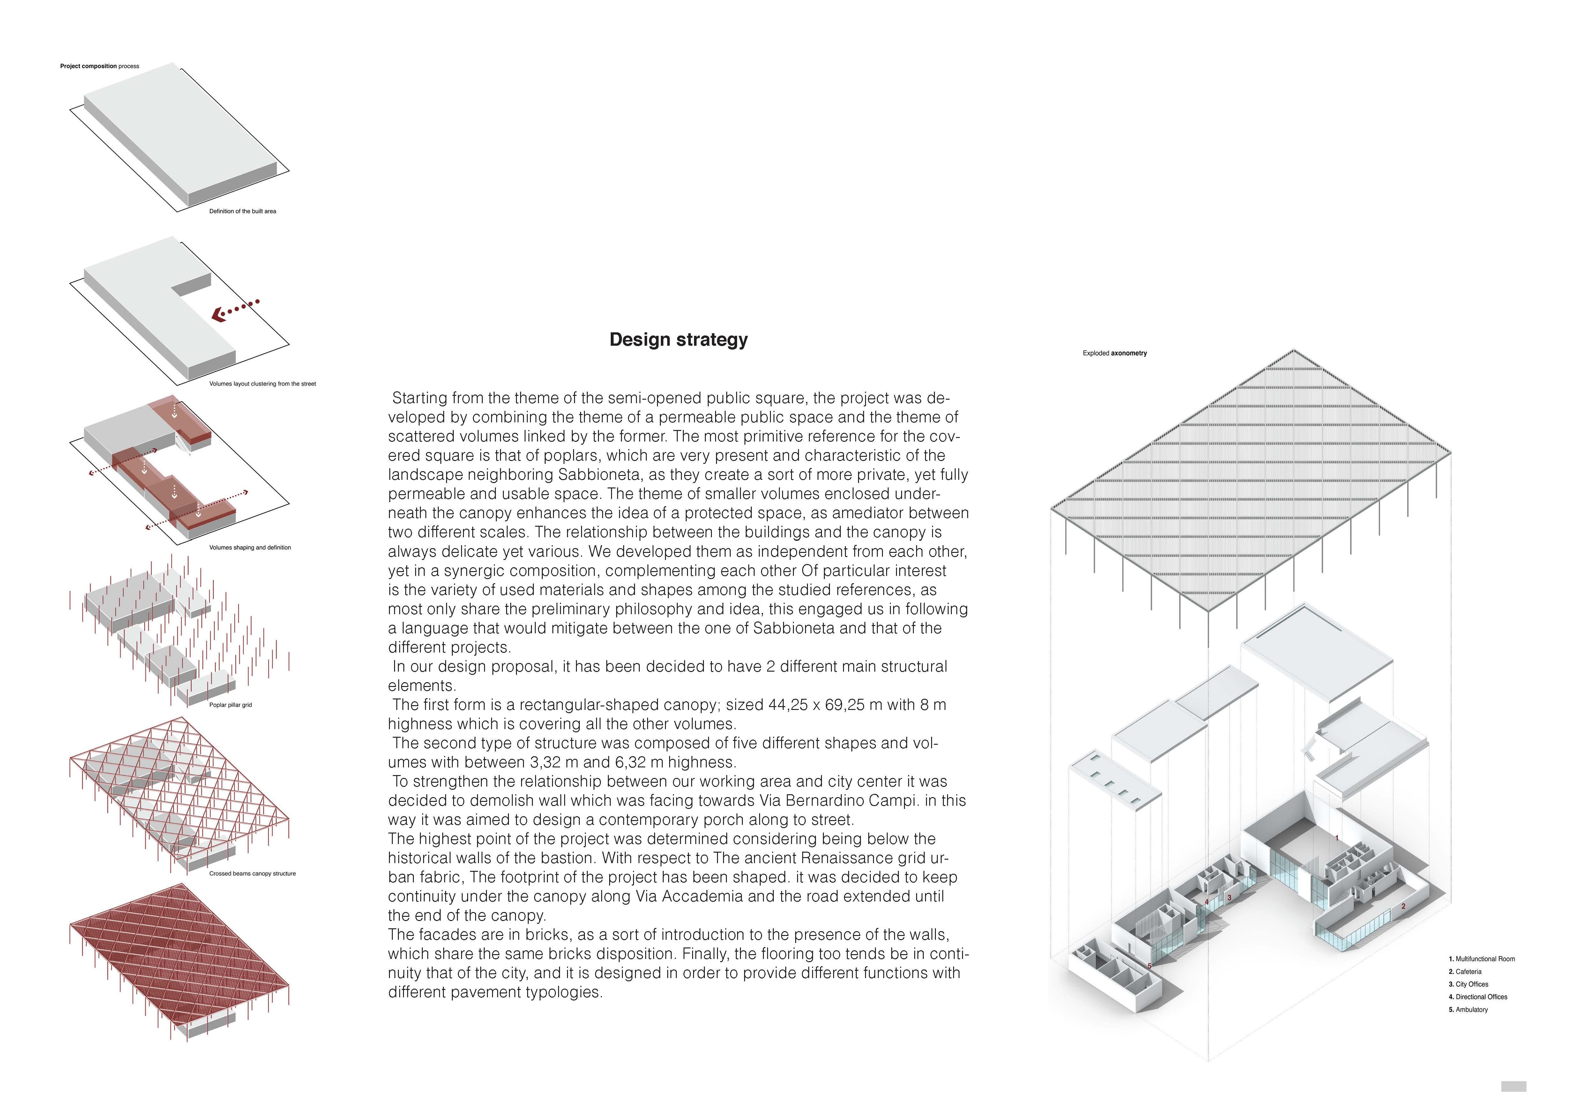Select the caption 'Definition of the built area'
(243, 211)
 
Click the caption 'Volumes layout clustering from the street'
(263, 384)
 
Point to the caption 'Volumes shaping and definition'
(250, 548)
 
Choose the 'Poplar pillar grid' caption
(230, 705)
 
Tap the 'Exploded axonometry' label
(1115, 353)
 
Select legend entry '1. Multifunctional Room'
(1482, 959)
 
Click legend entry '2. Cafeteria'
(1465, 971)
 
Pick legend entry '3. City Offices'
(1468, 984)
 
